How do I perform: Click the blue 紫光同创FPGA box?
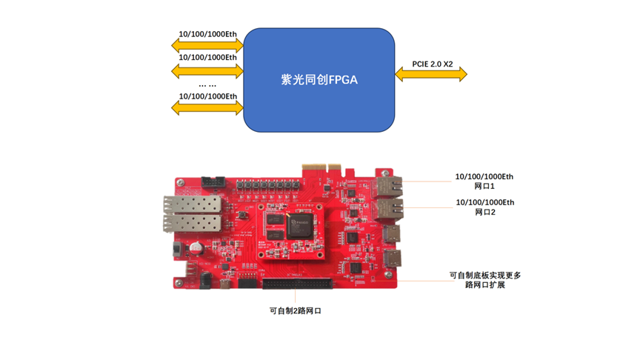319,80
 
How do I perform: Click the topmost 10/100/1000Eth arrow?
207,46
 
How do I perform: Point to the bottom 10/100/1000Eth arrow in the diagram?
207,108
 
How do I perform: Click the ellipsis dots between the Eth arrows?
207,85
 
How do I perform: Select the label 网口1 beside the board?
484,187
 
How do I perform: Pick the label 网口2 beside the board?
484,213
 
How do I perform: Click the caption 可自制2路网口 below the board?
295,311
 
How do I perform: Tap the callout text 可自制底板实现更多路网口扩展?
485,280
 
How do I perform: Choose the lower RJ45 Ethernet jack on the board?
388,210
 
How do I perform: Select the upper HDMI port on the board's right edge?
390,236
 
